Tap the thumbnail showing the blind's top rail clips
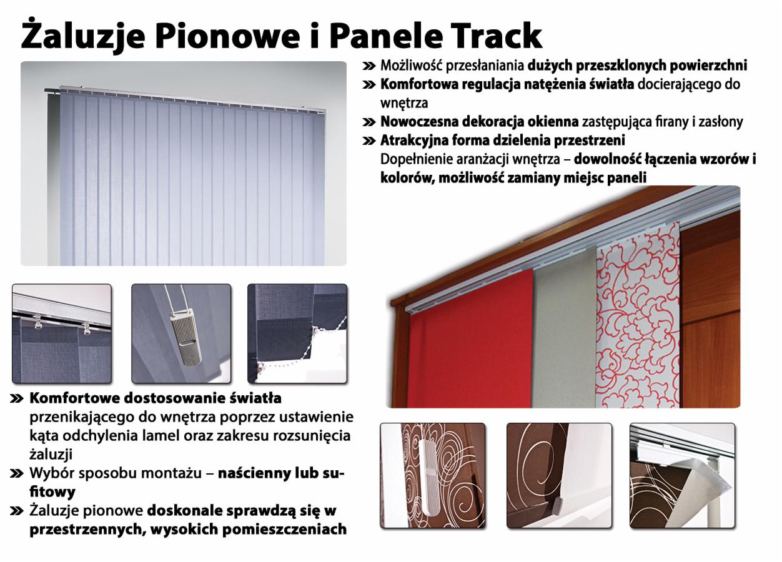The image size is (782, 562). (x=62, y=333)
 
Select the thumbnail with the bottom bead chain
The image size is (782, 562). (x=297, y=333)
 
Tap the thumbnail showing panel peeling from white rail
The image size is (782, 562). (x=682, y=475)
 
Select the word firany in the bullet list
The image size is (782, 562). (x=668, y=122)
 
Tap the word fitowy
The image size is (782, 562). (x=52, y=492)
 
